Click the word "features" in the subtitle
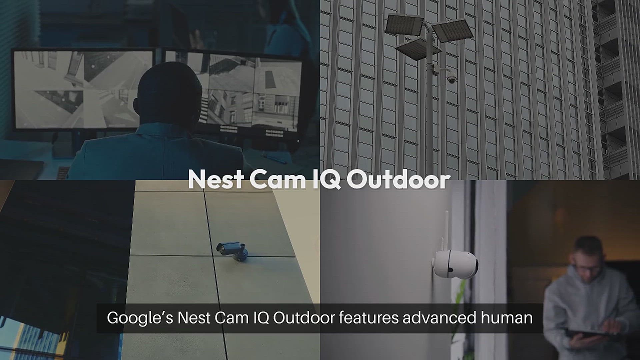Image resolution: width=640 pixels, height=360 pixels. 369,318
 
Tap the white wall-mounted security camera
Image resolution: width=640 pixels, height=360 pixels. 455,263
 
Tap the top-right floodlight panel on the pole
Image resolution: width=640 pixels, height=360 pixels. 452,30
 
